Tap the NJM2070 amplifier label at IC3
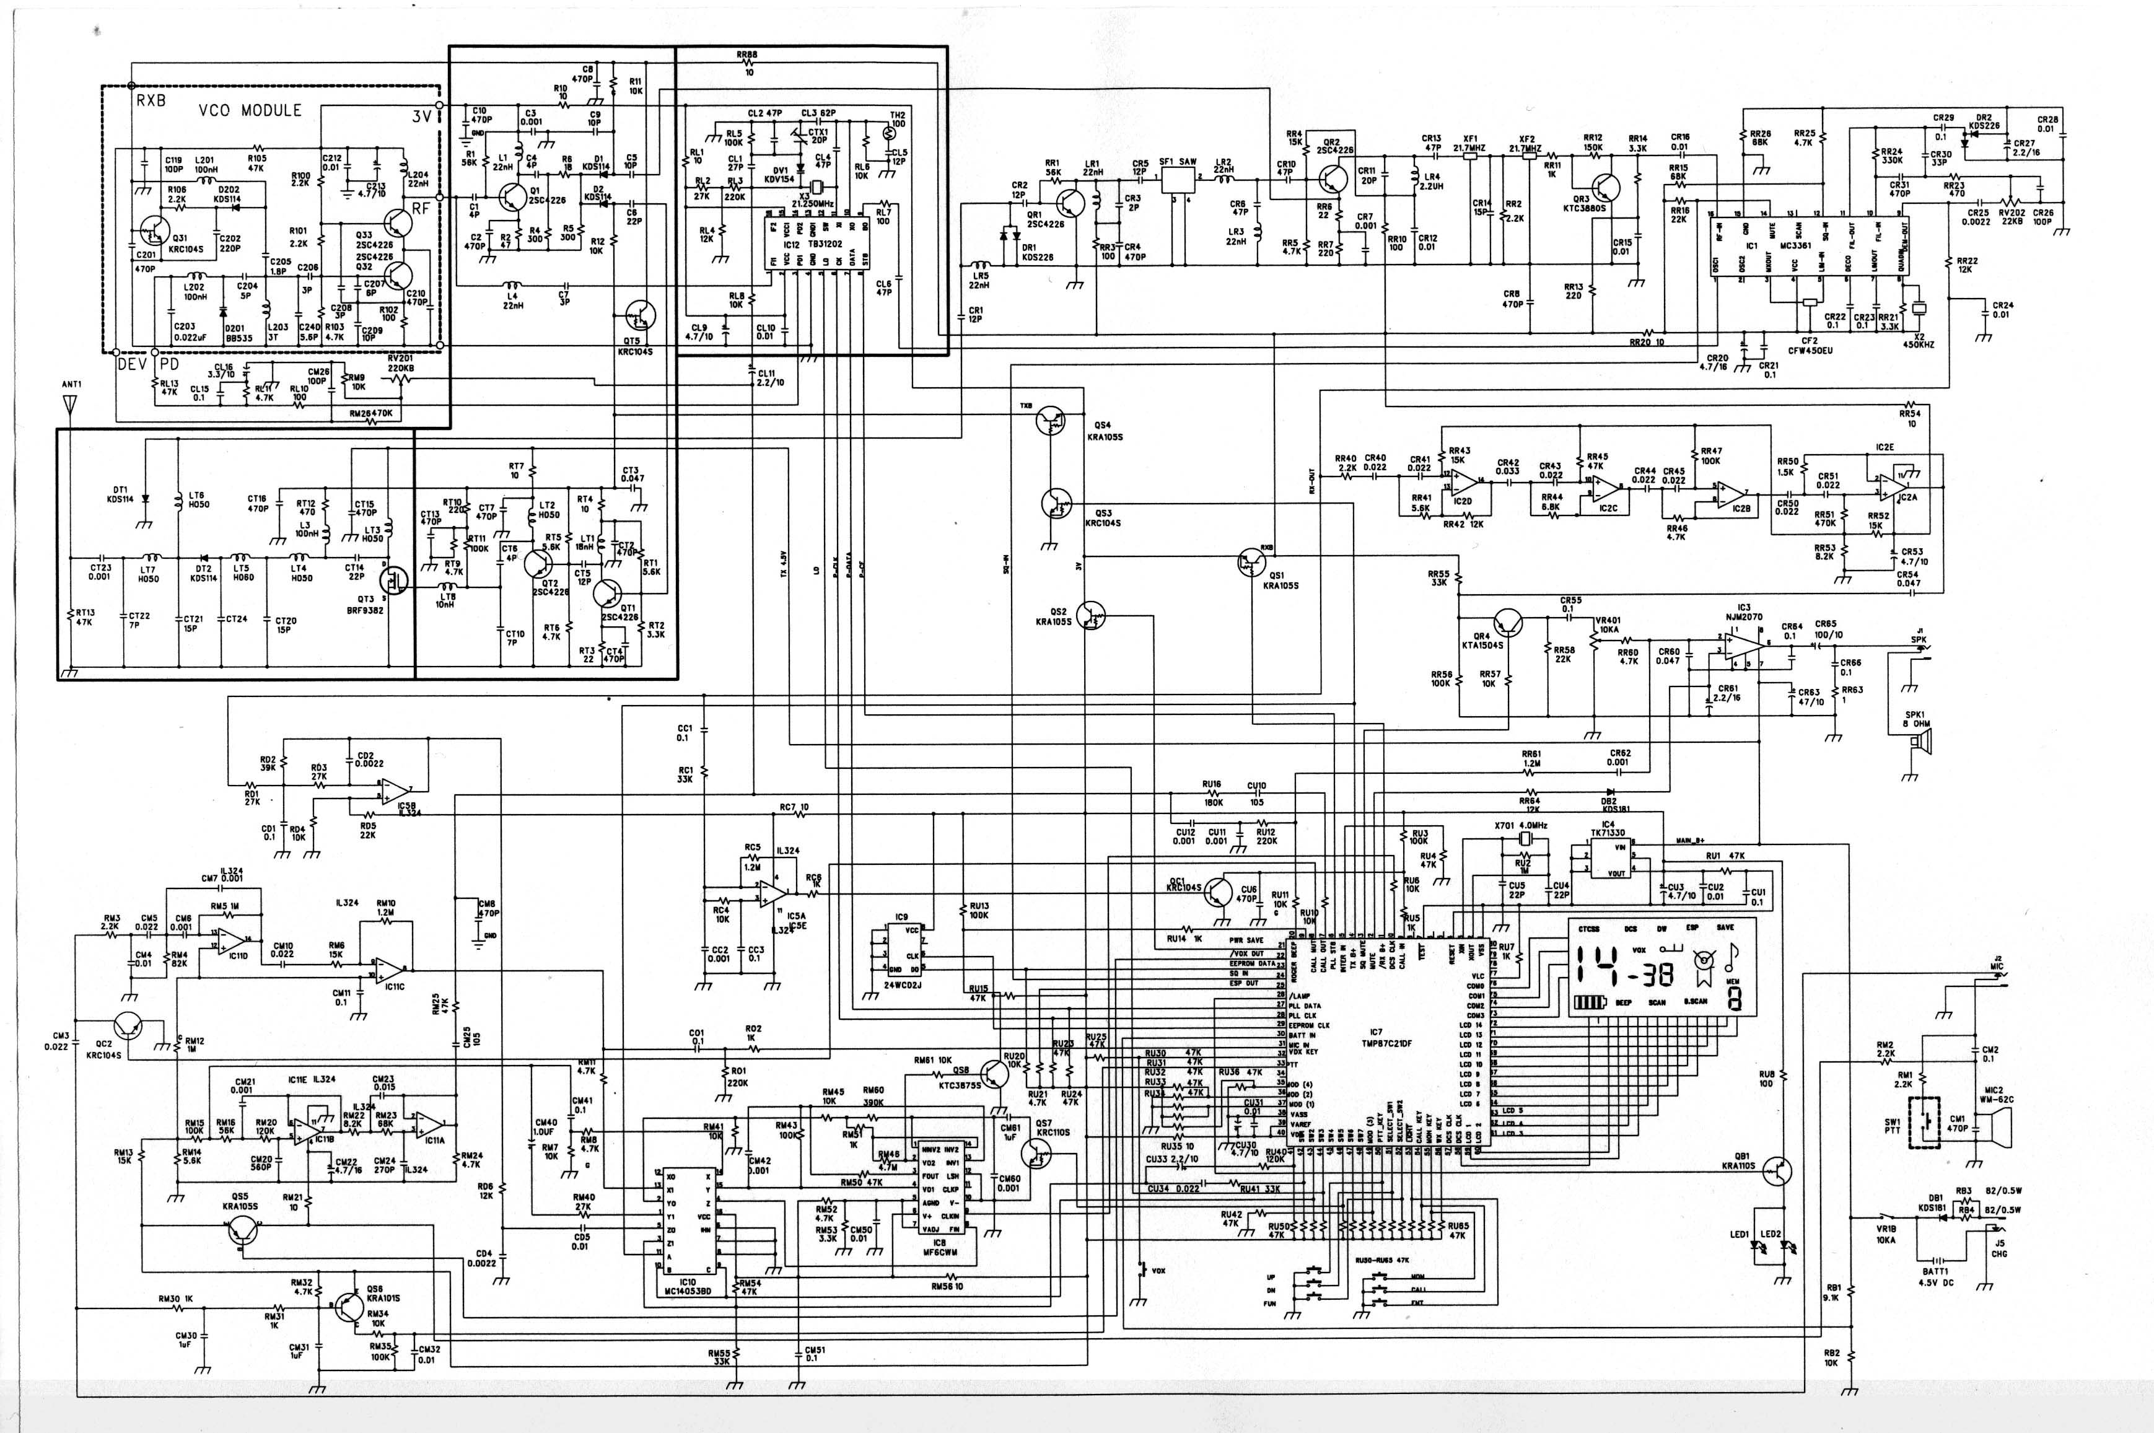pyautogui.click(x=1744, y=615)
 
